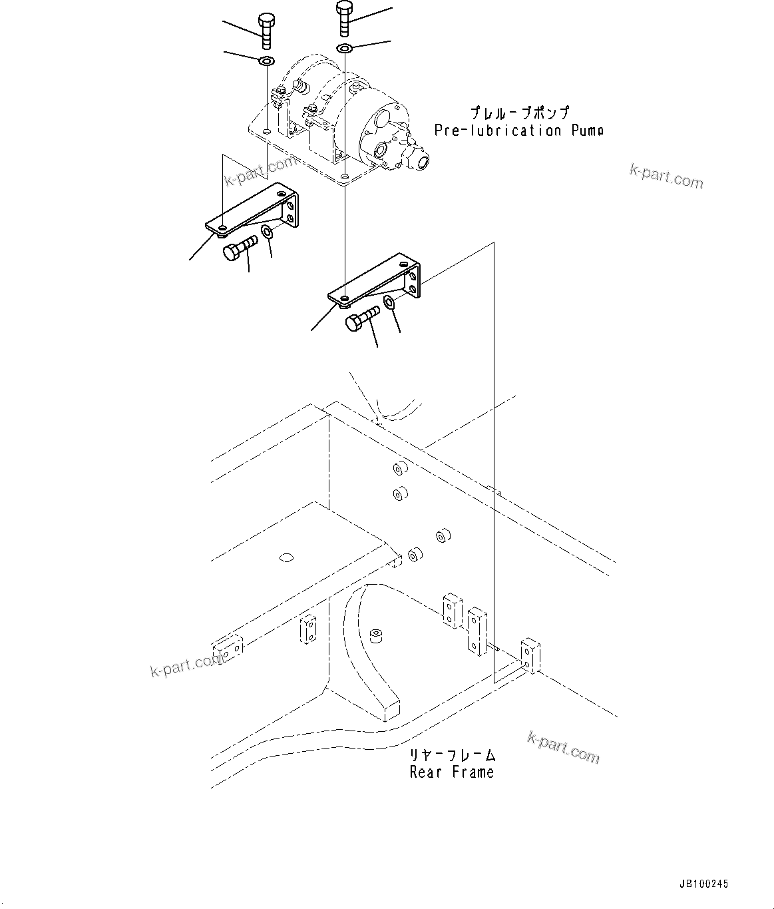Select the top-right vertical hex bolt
coord(343,19)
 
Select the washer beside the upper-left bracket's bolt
coord(267,232)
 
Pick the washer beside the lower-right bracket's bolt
coord(390,304)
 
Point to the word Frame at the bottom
coord(473,772)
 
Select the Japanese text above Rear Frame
coord(453,755)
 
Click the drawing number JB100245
coord(703,884)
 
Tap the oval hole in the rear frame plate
coord(287,557)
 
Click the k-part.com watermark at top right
coord(666,176)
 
